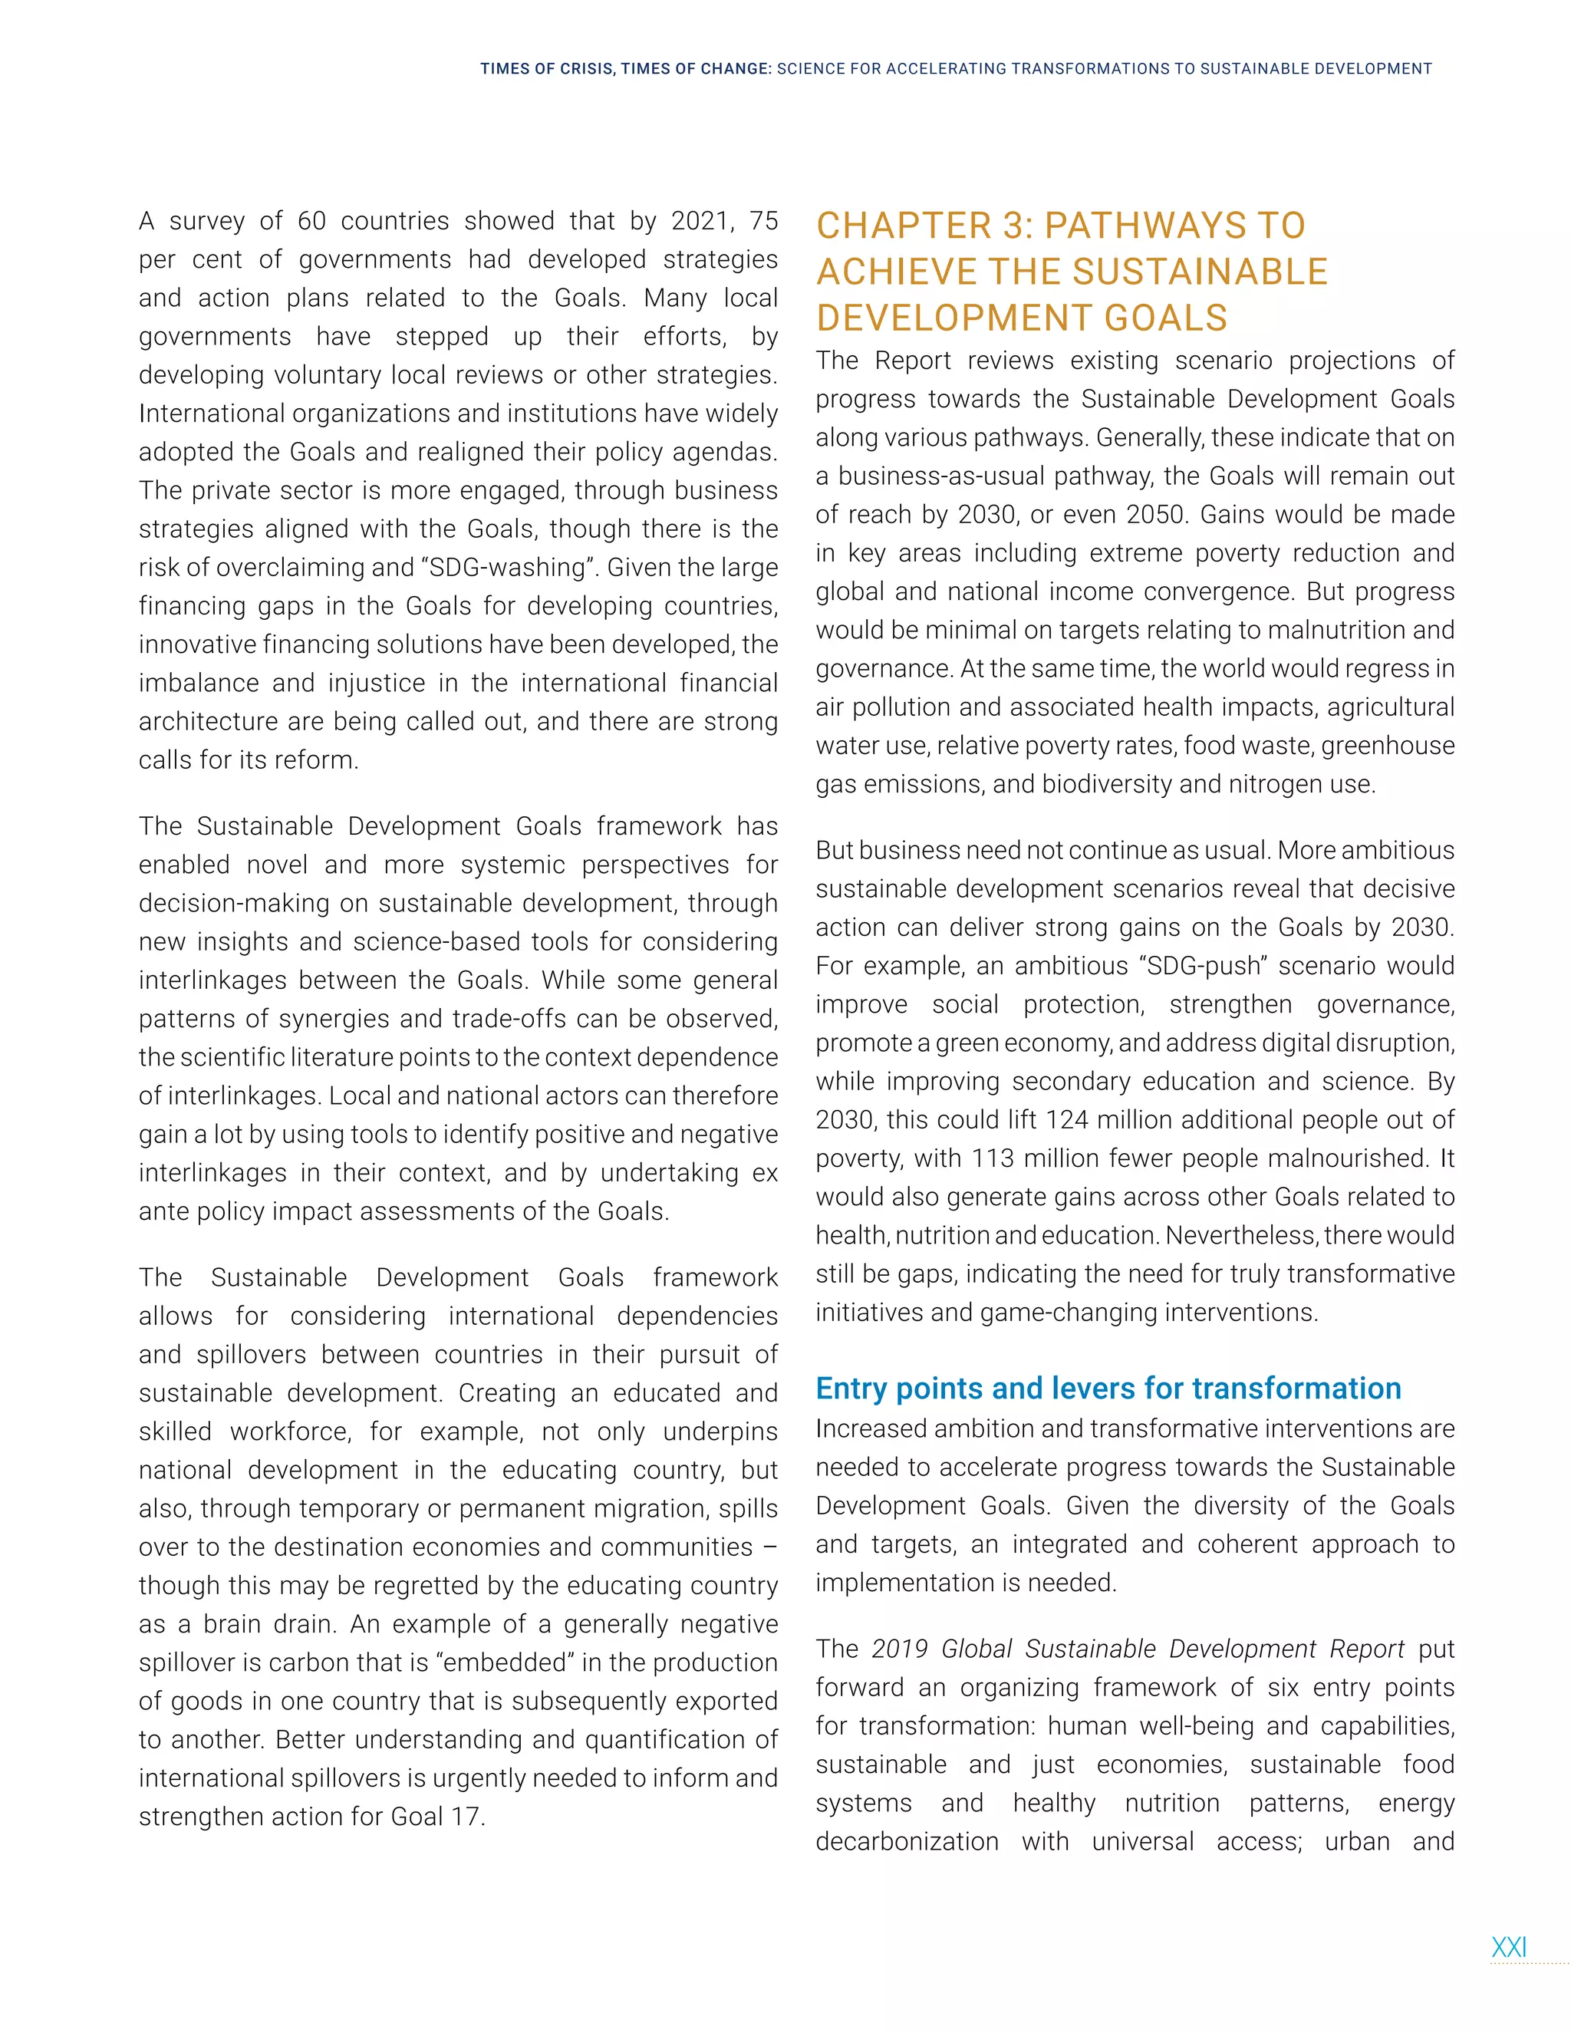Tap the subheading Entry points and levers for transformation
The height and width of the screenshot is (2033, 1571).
(1108, 1388)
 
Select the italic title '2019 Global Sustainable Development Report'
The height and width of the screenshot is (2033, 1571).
(1138, 1649)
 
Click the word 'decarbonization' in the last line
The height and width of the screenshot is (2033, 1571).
(907, 1842)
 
